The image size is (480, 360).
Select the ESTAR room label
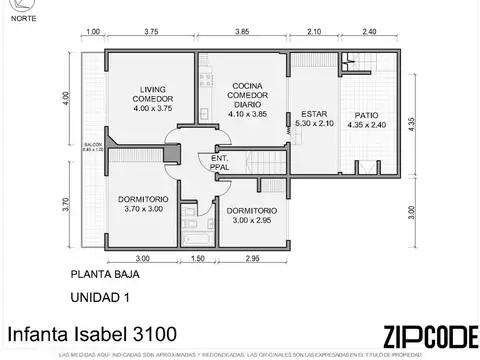pyautogui.click(x=313, y=120)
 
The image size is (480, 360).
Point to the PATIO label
pyautogui.click(x=365, y=120)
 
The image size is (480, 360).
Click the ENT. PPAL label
pyautogui.click(x=220, y=163)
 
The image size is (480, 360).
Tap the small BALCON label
pyautogui.click(x=91, y=150)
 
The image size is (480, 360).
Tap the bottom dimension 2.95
pyautogui.click(x=251, y=258)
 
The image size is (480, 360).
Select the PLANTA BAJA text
pyautogui.click(x=105, y=273)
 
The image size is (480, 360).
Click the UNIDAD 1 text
pyautogui.click(x=100, y=296)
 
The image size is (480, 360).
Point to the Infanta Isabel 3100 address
pyautogui.click(x=78, y=333)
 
